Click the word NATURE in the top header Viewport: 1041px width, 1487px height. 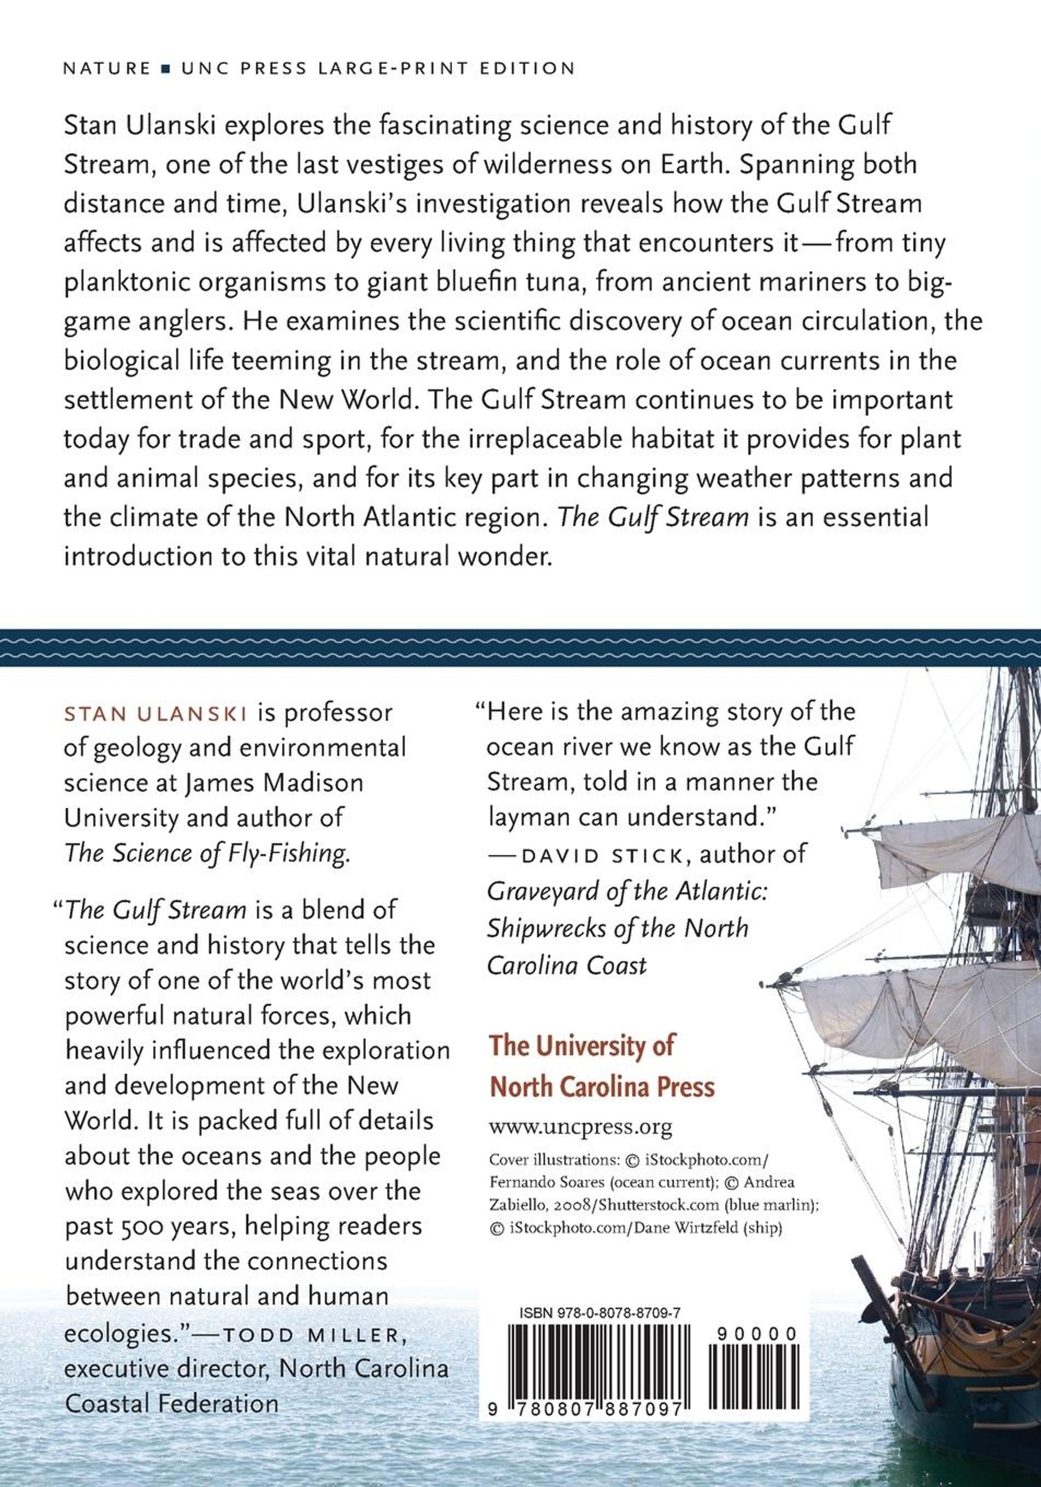pyautogui.click(x=107, y=69)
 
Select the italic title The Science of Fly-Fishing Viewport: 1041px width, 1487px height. pyautogui.click(x=207, y=853)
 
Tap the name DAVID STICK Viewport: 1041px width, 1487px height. pyautogui.click(x=602, y=855)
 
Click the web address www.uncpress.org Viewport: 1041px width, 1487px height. pyautogui.click(x=580, y=1128)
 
